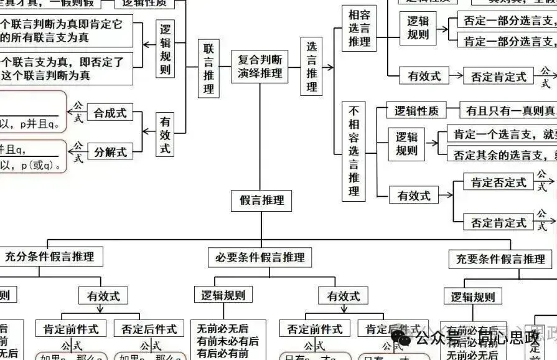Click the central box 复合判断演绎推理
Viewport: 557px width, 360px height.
pyautogui.click(x=260, y=67)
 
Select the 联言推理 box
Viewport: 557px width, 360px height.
pyautogui.click(x=208, y=69)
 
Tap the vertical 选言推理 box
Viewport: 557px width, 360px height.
pyautogui.click(x=311, y=67)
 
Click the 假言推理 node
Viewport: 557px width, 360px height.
pyautogui.click(x=261, y=201)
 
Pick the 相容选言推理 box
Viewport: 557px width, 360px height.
pyautogui.click(x=359, y=28)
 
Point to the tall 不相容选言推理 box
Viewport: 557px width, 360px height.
pyautogui.click(x=354, y=151)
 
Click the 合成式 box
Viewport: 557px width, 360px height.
pyautogui.click(x=110, y=113)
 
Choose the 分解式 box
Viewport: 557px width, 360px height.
pyautogui.click(x=110, y=151)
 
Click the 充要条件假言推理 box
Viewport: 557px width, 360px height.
pyautogui.click(x=500, y=259)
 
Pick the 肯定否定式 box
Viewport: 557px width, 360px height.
pyautogui.click(x=498, y=182)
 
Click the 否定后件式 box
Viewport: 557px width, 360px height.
pyautogui.click(x=149, y=329)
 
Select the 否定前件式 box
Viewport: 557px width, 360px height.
pyautogui.click(x=315, y=329)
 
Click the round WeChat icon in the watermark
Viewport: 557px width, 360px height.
pyautogui.click(x=405, y=338)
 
